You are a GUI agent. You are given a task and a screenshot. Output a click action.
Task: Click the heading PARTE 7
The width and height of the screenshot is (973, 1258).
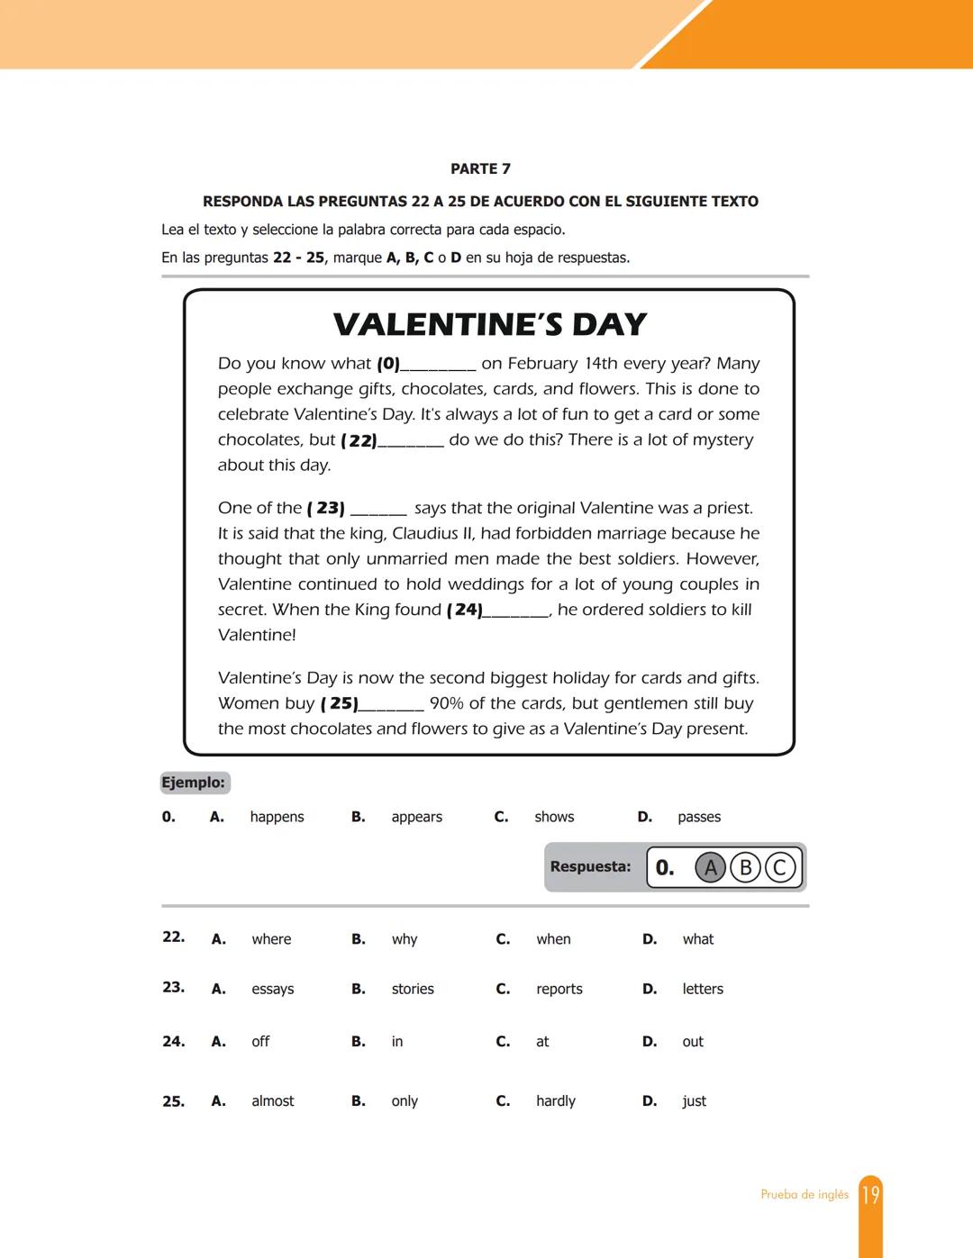pos(480,169)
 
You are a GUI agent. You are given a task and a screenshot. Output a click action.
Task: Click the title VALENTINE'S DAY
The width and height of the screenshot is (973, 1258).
pos(489,324)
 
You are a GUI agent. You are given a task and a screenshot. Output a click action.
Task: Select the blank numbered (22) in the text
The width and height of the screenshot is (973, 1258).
pos(410,441)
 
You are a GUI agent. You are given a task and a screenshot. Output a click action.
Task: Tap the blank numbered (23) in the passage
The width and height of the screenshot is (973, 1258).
pos(378,510)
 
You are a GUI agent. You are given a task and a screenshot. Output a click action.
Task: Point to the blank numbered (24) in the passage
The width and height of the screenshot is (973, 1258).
pos(515,611)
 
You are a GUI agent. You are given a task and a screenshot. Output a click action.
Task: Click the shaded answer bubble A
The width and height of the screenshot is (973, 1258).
pos(710,868)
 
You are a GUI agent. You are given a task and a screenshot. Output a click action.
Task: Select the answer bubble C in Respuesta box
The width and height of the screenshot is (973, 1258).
pos(780,868)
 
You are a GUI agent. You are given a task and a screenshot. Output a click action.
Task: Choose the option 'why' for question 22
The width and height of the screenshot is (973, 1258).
pos(405,939)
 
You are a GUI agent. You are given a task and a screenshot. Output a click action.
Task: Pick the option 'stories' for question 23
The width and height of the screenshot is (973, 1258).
pos(413,989)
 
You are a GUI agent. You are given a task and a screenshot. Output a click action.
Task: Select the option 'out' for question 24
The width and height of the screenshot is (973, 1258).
pos(693,1042)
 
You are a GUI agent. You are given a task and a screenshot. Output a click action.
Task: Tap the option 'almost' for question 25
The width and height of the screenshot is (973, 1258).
pos(273,1101)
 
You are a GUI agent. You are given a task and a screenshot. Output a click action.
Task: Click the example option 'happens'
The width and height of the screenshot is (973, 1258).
pos(277,817)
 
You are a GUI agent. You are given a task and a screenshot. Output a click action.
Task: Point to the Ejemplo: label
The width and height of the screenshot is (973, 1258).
pos(194,783)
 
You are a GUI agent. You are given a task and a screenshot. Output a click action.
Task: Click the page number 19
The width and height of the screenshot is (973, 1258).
pos(870,1195)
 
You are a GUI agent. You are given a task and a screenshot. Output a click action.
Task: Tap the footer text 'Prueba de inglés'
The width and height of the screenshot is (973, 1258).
pos(805,1195)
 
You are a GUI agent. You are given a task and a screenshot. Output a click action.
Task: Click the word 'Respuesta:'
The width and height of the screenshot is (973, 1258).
pos(590,867)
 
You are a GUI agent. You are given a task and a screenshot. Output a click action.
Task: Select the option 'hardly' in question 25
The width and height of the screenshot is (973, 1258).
pos(556,1101)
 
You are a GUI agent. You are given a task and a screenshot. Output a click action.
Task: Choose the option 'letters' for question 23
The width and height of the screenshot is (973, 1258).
pos(703,989)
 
